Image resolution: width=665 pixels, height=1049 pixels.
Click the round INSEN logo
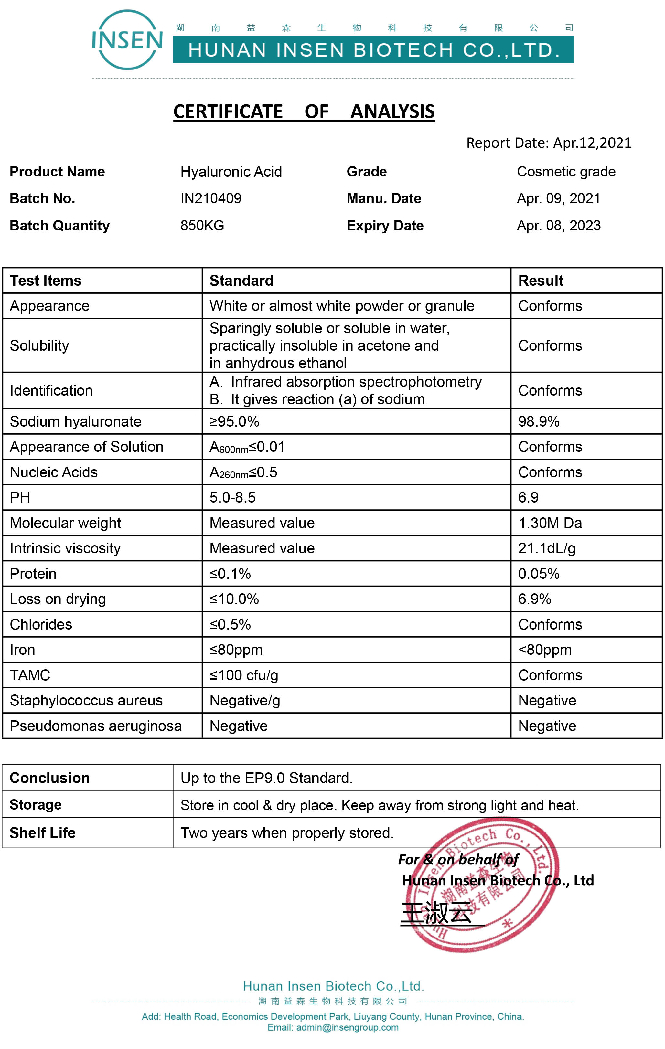pyautogui.click(x=127, y=40)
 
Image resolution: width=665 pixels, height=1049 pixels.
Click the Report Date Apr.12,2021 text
pyautogui.click(x=549, y=143)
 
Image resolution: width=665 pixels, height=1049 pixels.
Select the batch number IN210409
pyautogui.click(x=211, y=199)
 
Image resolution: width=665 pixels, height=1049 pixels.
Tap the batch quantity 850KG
pyautogui.click(x=202, y=226)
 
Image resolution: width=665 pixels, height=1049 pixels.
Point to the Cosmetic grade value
pyautogui.click(x=566, y=172)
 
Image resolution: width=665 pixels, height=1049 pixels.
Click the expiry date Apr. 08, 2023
pyautogui.click(x=558, y=226)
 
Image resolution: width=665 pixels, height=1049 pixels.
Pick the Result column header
pyautogui.click(x=540, y=281)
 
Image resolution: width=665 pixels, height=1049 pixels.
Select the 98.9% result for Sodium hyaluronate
pyautogui.click(x=539, y=422)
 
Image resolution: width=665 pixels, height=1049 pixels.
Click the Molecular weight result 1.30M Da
pyautogui.click(x=550, y=523)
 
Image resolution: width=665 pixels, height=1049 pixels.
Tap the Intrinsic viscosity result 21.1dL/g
pyautogui.click(x=546, y=548)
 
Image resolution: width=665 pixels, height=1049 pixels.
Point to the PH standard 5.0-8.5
pyautogui.click(x=232, y=497)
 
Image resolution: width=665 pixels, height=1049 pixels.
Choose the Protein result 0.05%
pyautogui.click(x=539, y=574)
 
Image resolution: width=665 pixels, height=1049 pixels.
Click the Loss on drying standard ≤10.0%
pyautogui.click(x=234, y=599)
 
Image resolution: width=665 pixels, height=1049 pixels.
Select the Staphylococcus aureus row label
pyautogui.click(x=86, y=701)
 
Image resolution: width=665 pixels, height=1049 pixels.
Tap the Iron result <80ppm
pyautogui.click(x=545, y=650)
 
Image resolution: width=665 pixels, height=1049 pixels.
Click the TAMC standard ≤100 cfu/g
pyautogui.click(x=244, y=675)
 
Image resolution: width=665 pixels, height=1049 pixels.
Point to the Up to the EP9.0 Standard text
pyautogui.click(x=266, y=778)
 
